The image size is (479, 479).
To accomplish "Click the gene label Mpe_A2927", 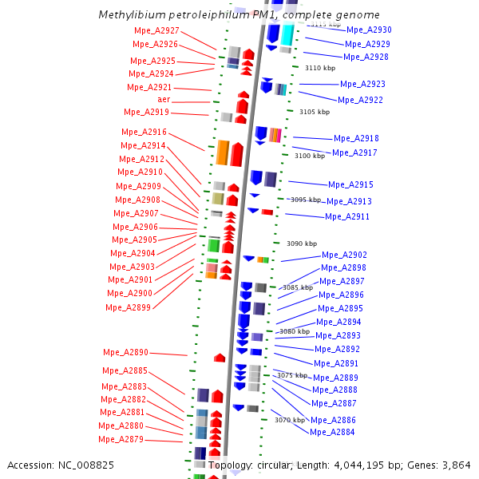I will click(x=156, y=30).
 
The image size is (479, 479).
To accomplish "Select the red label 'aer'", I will click(x=164, y=99).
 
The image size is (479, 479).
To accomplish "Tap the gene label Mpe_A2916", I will click(x=144, y=132).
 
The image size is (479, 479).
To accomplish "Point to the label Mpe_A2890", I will click(x=125, y=352).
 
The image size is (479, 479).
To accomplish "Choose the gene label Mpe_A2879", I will click(x=121, y=439).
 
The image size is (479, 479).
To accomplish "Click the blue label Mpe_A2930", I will click(x=369, y=30).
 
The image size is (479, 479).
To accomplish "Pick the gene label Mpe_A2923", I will click(x=362, y=84).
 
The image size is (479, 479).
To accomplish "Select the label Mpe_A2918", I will click(x=356, y=138).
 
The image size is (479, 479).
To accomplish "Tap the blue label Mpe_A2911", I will click(x=347, y=216).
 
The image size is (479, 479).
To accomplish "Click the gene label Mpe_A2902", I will click(x=345, y=255).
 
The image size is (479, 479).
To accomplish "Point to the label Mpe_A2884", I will click(x=332, y=432).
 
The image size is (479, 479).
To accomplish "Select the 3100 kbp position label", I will click(x=309, y=156).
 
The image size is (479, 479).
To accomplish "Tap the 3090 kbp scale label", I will click(x=302, y=243).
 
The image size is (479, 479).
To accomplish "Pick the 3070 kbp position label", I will click(x=289, y=420).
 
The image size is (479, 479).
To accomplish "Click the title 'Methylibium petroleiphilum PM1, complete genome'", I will click(x=239, y=15).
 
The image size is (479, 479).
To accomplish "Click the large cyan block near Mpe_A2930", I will click(x=287, y=34).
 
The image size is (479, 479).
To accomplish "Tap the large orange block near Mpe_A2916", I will click(x=223, y=152).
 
